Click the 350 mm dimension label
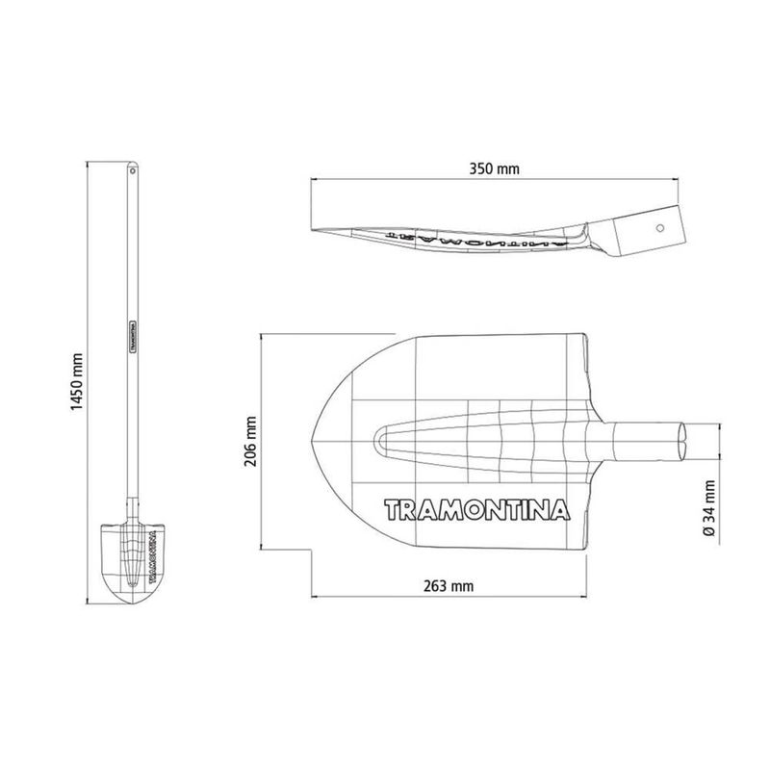pos(494,169)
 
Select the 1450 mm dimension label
pos(77,382)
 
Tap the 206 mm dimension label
pos(250,442)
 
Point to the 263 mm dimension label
pos(449,586)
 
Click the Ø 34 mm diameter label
pos(709,508)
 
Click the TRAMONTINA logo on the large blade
pos(476,510)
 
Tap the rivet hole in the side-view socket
pos(660,228)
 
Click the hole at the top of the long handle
pos(132,171)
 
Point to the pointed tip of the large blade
pos(312,441)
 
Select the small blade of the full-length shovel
pos(133,564)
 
